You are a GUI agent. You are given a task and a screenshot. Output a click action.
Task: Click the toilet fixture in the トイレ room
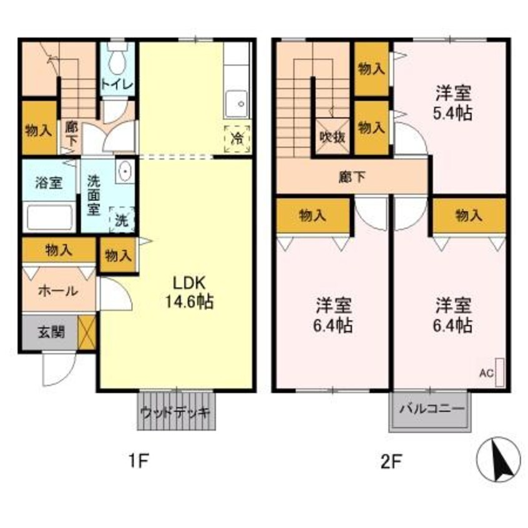(x=117, y=61)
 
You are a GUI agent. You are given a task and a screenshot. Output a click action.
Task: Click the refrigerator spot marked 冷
(x=237, y=136)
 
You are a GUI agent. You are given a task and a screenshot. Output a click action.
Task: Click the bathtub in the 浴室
(x=49, y=217)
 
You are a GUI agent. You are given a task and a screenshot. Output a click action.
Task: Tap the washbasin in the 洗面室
(x=125, y=171)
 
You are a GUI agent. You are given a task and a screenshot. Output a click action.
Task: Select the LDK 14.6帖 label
(x=189, y=291)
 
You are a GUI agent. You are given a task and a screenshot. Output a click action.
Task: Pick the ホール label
(x=58, y=290)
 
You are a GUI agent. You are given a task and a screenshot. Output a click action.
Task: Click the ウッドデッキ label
(x=175, y=413)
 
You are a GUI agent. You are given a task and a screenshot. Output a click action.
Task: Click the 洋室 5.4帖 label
(x=454, y=104)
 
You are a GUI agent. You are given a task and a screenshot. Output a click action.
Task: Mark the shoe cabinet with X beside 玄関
(x=87, y=332)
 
